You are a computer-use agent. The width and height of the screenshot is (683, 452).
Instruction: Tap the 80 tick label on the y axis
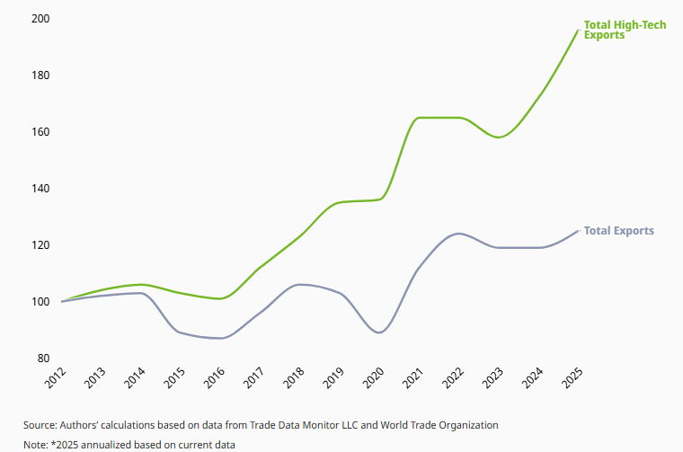[42, 359]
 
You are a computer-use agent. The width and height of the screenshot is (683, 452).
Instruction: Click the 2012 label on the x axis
[56, 378]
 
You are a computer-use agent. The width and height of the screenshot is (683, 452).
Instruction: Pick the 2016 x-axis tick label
[215, 378]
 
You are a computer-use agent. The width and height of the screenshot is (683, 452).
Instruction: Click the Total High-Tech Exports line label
[625, 30]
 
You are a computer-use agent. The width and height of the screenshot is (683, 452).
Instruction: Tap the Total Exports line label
[618, 231]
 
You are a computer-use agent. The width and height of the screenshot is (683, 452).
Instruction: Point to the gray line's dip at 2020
[379, 332]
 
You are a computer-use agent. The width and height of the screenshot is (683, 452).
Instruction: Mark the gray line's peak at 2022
[459, 234]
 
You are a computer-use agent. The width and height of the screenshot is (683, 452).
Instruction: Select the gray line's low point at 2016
[221, 338]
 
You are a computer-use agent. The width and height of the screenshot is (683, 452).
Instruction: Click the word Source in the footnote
[40, 424]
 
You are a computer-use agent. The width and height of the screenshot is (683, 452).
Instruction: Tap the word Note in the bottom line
[34, 444]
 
